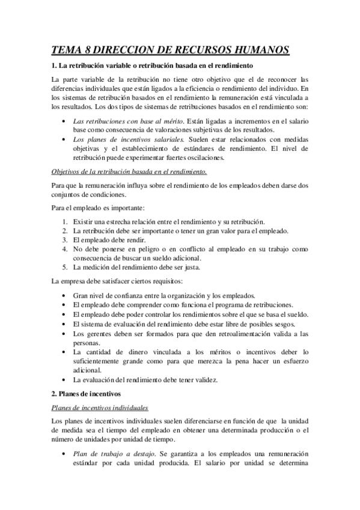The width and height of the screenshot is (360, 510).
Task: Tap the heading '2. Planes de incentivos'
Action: pyautogui.click(x=87, y=395)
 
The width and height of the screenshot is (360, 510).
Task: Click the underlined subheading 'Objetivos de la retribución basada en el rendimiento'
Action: pyautogui.click(x=129, y=171)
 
